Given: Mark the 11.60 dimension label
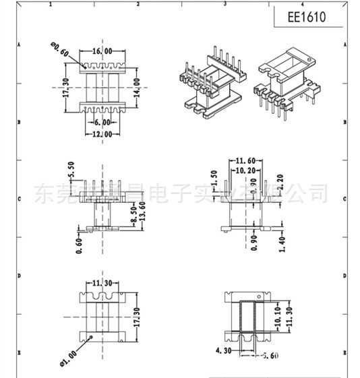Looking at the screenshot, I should click(245, 161).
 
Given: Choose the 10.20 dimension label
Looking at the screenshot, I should click(245, 171).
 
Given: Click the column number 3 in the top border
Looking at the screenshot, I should click(224, 3).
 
